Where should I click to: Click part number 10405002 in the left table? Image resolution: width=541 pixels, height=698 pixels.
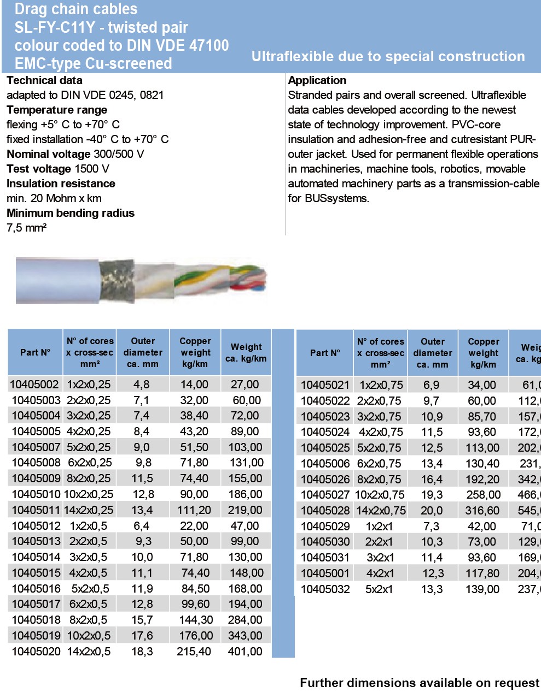[x=34, y=384]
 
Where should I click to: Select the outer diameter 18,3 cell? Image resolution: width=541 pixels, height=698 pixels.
[x=142, y=651]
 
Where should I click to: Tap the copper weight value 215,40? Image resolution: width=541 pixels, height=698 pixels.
[x=194, y=651]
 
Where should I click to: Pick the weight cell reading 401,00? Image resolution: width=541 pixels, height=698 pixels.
[x=245, y=651]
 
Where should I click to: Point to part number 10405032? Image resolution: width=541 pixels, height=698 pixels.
[x=325, y=589]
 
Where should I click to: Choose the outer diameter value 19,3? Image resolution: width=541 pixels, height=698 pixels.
[x=432, y=494]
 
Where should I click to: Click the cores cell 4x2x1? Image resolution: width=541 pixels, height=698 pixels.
[x=380, y=573]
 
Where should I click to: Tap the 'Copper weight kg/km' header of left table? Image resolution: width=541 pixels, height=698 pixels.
[x=195, y=352]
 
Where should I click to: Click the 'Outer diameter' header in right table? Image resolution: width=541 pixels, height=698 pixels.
[x=433, y=353]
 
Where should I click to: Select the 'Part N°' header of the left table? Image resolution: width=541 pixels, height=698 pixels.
[x=35, y=352]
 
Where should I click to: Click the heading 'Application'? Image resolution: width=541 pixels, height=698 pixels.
[x=317, y=80]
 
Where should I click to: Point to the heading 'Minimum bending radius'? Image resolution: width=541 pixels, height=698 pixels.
[x=71, y=213]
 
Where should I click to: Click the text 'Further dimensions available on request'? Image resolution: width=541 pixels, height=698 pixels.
[x=419, y=683]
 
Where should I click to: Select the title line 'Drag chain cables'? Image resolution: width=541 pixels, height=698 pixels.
[x=76, y=9]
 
